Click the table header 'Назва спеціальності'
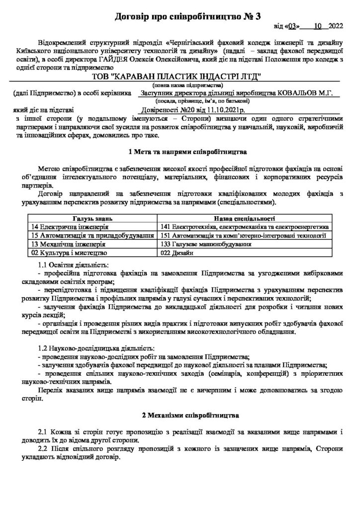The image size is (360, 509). [245, 218]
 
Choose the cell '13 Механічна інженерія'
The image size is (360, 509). [62, 244]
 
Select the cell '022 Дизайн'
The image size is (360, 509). [178, 253]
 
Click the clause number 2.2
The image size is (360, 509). [43, 449]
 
